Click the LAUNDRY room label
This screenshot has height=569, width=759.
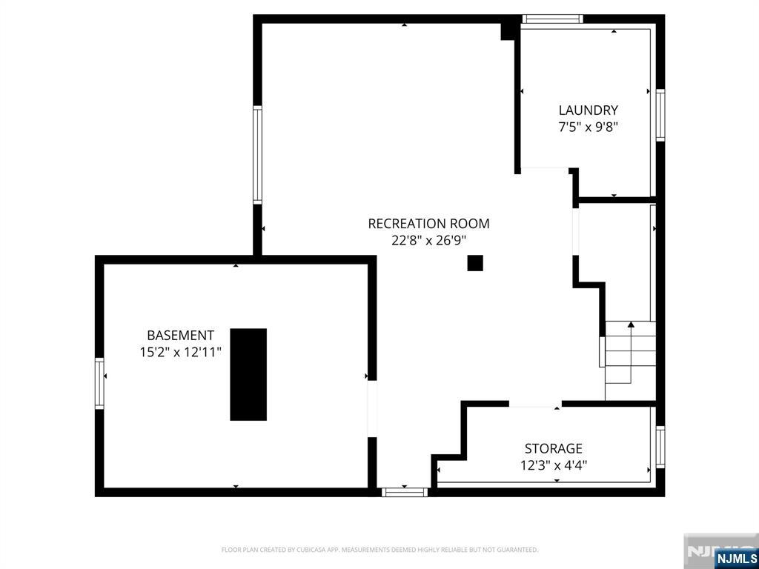(588, 110)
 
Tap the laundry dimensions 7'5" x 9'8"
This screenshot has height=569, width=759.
(588, 127)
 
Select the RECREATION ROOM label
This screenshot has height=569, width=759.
(429, 224)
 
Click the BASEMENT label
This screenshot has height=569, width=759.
(181, 336)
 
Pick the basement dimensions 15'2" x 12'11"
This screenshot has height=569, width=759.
(181, 352)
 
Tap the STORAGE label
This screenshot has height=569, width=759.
(554, 448)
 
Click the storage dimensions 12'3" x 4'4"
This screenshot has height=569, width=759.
(554, 465)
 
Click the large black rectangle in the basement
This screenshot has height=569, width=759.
(248, 374)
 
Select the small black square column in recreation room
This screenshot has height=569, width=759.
(475, 263)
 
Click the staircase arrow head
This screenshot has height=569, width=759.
(631, 325)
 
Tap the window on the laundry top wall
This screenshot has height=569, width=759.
(552, 19)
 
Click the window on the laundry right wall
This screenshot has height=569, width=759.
(660, 115)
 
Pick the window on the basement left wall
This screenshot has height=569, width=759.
(99, 383)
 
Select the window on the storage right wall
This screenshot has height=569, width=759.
(660, 447)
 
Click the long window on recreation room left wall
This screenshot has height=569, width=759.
(257, 155)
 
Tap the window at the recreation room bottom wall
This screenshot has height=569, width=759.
(405, 492)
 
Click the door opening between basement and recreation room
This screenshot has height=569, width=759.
(372, 409)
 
